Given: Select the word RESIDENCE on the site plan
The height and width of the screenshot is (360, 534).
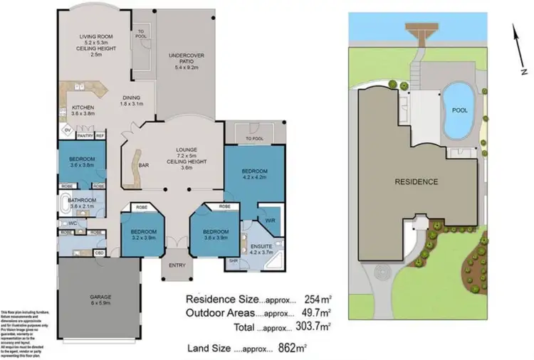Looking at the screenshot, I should [416, 181].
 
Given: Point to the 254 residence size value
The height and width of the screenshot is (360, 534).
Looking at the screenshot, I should [293, 300].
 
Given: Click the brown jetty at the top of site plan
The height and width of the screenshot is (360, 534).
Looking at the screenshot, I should [418, 31].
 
